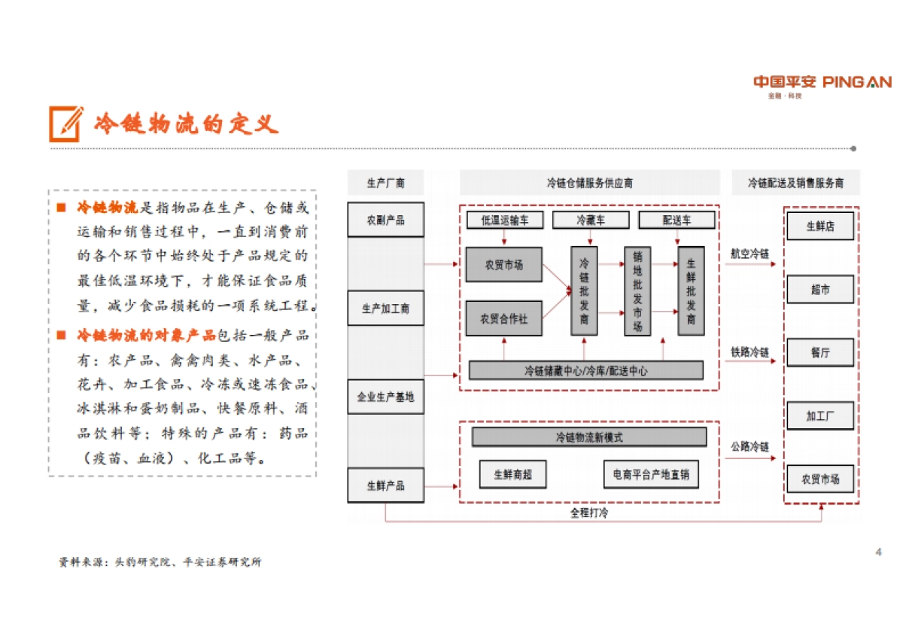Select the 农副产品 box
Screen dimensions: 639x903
(x=385, y=220)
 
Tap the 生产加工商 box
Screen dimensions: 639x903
(x=385, y=309)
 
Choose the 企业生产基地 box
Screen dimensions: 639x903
(x=385, y=397)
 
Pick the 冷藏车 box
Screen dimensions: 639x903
(x=591, y=220)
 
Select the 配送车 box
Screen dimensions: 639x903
(x=676, y=220)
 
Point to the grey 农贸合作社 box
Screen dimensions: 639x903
(x=503, y=318)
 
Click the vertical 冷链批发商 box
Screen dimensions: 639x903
(x=584, y=291)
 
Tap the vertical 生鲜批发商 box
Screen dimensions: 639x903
(x=691, y=291)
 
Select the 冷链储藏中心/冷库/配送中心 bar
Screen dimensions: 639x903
(x=585, y=370)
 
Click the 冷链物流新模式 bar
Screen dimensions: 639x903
(x=588, y=437)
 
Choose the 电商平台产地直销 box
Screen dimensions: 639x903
(x=650, y=474)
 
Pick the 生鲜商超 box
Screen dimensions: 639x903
(x=512, y=474)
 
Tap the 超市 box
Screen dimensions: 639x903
(x=820, y=289)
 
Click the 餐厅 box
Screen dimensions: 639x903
(x=820, y=352)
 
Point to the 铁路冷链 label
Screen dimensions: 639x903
(x=749, y=352)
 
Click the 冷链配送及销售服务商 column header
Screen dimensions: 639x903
(x=795, y=183)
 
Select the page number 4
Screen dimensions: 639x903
(x=878, y=552)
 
